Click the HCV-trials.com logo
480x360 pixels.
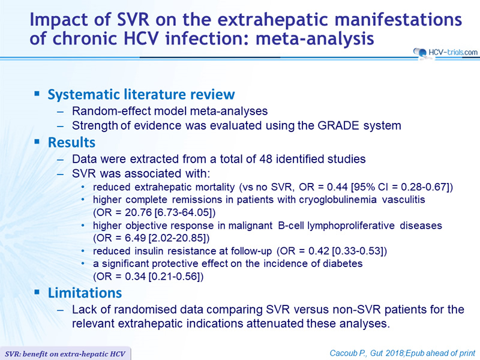(x=445, y=52)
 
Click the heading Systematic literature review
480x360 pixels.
(x=141, y=94)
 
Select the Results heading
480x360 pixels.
(x=71, y=143)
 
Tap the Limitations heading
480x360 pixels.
(x=85, y=293)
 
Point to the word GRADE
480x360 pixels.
(x=338, y=125)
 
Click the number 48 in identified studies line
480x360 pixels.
(x=266, y=159)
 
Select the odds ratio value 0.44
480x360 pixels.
(x=337, y=187)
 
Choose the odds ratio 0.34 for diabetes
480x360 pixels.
(x=136, y=277)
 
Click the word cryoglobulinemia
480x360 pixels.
(x=338, y=200)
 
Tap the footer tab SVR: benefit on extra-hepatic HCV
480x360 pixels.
(x=65, y=354)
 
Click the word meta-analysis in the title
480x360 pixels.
(x=315, y=39)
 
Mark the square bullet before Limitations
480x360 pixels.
(x=37, y=292)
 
